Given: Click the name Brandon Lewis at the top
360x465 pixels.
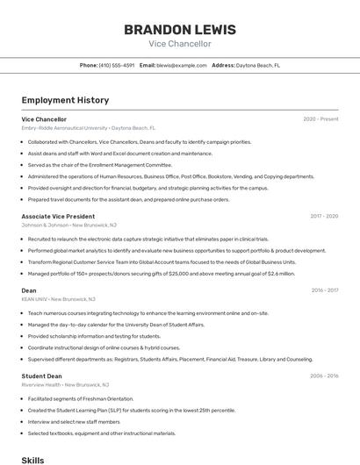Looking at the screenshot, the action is [x=180, y=29].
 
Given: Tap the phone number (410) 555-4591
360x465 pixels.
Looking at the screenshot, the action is [x=117, y=65].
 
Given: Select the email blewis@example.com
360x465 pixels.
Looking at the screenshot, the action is [x=182, y=65].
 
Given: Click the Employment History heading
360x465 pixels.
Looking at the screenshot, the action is [x=65, y=100].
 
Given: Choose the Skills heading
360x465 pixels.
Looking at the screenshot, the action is [x=32, y=460].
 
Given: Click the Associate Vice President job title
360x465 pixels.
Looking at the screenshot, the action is [x=58, y=216].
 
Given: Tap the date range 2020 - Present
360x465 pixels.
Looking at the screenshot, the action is [x=320, y=119].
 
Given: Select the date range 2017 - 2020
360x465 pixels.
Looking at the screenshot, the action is [x=324, y=216].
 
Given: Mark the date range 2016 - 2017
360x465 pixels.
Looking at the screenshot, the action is [x=324, y=290].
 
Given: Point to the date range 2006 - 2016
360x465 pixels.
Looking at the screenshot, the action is [x=324, y=376].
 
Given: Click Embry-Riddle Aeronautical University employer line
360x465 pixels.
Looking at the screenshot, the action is [x=88, y=128].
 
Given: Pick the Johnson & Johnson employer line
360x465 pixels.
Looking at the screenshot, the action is [x=65, y=225].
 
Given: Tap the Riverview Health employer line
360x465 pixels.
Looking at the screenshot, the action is [x=65, y=384].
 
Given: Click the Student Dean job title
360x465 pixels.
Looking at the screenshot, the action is [x=41, y=376].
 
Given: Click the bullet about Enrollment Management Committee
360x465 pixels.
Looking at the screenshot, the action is [x=99, y=164].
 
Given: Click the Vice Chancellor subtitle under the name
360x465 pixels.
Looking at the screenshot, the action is [x=180, y=44].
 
